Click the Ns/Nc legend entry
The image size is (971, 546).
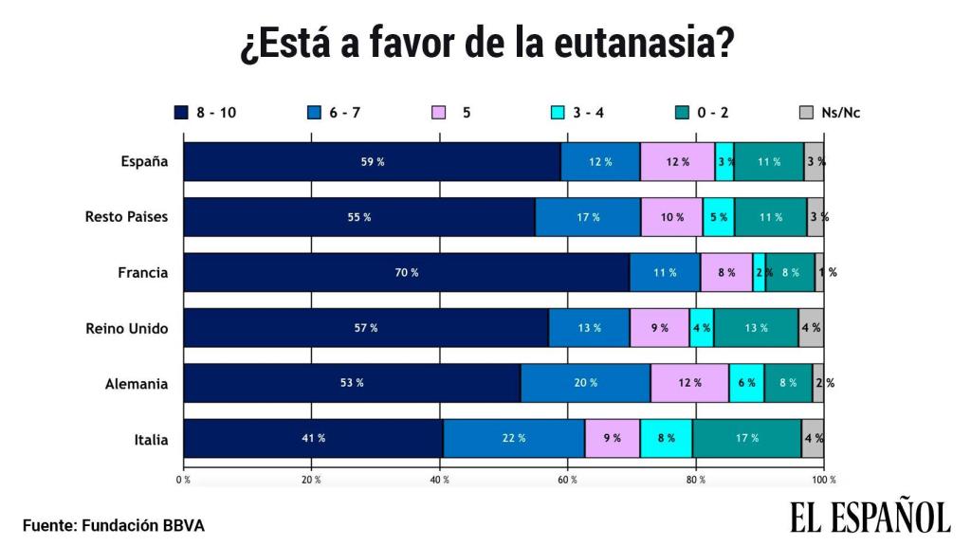pyautogui.click(x=828, y=113)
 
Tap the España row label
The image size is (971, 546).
pyautogui.click(x=144, y=161)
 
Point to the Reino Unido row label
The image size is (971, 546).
pyautogui.click(x=126, y=328)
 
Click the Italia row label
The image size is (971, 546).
pyautogui.click(x=152, y=439)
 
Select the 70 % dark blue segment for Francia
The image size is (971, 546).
pyautogui.click(x=406, y=272)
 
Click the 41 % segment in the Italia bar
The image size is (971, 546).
pyautogui.click(x=313, y=438)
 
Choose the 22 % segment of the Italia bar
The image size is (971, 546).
pyautogui.click(x=513, y=438)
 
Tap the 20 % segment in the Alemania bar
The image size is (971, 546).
pyautogui.click(x=585, y=383)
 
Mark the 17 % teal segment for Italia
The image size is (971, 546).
pyautogui.click(x=746, y=438)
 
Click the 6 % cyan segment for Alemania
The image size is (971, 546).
pyautogui.click(x=746, y=383)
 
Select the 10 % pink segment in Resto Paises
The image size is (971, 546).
pyautogui.click(x=671, y=217)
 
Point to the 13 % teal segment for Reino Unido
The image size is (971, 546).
pyautogui.click(x=756, y=328)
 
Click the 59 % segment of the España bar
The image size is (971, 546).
pyautogui.click(x=372, y=161)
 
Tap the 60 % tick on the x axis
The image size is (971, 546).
pyautogui.click(x=567, y=480)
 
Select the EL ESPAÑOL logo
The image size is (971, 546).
pyautogui.click(x=870, y=518)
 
